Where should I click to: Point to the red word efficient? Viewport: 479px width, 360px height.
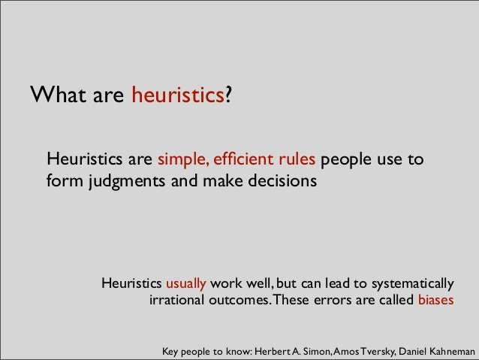[240, 160]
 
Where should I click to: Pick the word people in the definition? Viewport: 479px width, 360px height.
[348, 160]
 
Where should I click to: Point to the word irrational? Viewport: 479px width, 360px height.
[180, 301]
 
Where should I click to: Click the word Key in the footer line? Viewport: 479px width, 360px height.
[172, 351]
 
